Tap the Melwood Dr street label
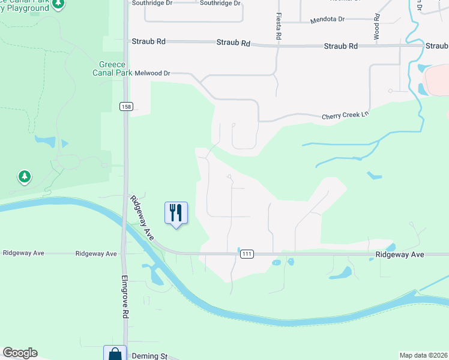[x=152, y=73]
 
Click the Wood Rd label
[x=377, y=26]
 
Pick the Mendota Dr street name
[x=327, y=20]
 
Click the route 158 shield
[x=125, y=107]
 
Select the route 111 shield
[x=246, y=254]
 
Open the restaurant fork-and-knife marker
[x=176, y=213]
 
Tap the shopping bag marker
[x=115, y=353]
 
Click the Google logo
[x=20, y=353]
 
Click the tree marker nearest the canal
[x=24, y=176]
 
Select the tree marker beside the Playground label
[x=58, y=5]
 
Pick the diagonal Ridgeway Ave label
[x=142, y=217]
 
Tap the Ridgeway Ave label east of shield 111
[x=400, y=254]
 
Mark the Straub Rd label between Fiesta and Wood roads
[x=340, y=46]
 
